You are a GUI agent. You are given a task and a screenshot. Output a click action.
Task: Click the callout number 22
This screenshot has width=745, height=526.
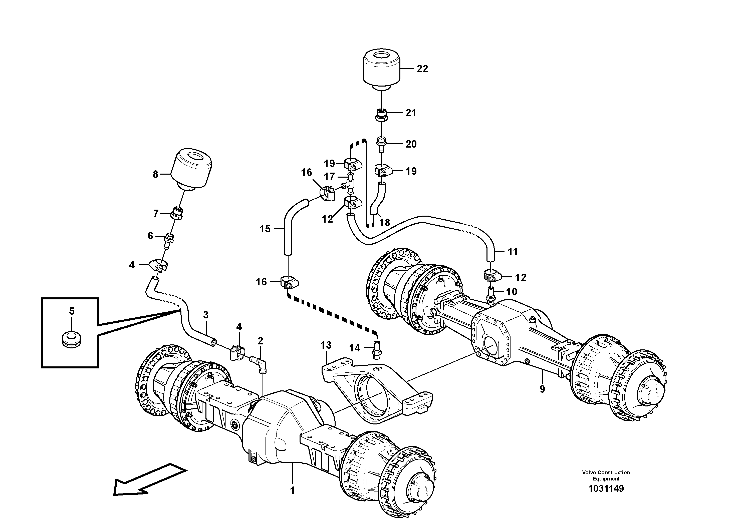(422, 69)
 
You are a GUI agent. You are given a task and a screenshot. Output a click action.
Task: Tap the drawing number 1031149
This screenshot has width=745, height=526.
(606, 488)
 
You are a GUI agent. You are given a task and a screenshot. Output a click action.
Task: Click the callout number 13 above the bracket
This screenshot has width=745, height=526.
(326, 345)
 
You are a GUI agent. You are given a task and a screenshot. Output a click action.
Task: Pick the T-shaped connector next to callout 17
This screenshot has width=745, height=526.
(350, 185)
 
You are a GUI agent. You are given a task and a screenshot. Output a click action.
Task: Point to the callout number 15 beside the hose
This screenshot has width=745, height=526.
(265, 229)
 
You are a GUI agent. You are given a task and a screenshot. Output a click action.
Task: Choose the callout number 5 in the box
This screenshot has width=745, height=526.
(72, 311)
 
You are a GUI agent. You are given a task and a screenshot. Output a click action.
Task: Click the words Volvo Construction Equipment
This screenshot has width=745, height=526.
(606, 475)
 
